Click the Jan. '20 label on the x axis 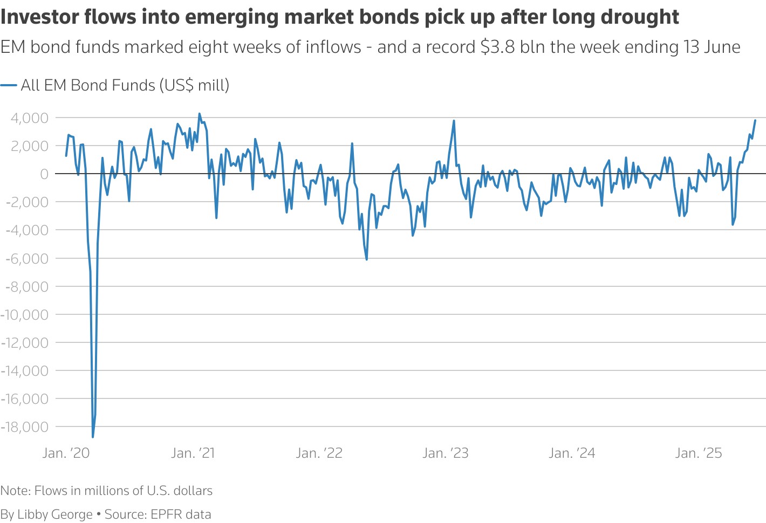pyautogui.click(x=66, y=453)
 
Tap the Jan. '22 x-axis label pyautogui.click(x=319, y=453)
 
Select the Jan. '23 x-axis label pyautogui.click(x=446, y=453)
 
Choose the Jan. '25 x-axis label pyautogui.click(x=698, y=453)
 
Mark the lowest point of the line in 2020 pyautogui.click(x=93, y=437)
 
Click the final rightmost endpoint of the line pyautogui.click(x=755, y=120)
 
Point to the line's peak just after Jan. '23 pyautogui.click(x=454, y=121)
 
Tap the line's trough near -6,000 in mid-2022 pyautogui.click(x=367, y=259)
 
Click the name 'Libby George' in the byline pyautogui.click(x=55, y=514)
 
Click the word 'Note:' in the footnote pyautogui.click(x=16, y=491)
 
